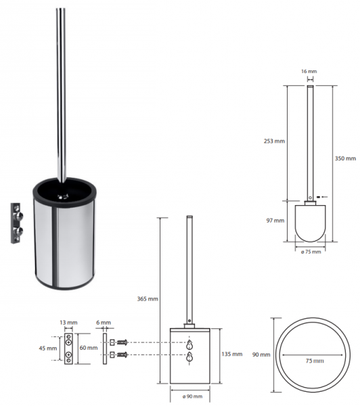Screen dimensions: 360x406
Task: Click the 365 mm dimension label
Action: point(148,299)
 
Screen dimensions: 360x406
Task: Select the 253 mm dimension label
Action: point(274,141)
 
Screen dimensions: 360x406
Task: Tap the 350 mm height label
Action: point(345,158)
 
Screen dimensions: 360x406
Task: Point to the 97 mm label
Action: point(275,221)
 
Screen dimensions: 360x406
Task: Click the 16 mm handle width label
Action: point(309,71)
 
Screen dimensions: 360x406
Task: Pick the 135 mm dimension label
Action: point(232,354)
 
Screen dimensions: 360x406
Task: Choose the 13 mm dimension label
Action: point(68,323)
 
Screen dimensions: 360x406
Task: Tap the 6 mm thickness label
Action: point(104,323)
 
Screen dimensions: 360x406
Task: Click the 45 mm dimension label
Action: point(48,348)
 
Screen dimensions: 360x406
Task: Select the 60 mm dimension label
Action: point(89,348)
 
